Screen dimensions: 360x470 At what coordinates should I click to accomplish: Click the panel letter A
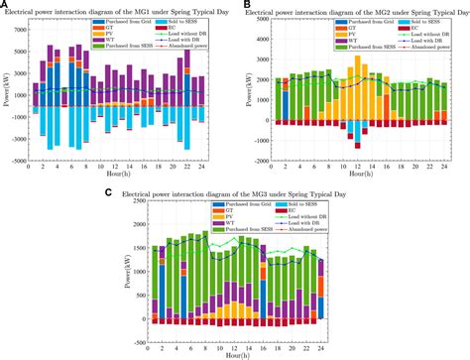pyautogui.click(x=5, y=5)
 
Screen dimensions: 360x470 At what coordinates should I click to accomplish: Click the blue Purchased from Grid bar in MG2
pyautogui.click(x=287, y=104)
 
